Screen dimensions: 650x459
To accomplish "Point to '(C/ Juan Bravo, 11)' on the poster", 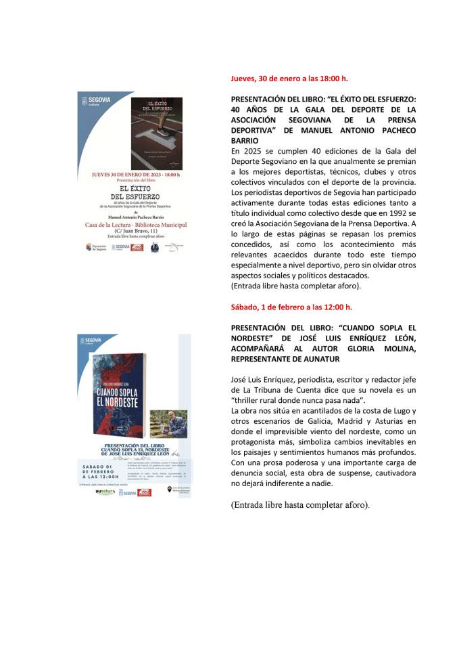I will coord(135,232).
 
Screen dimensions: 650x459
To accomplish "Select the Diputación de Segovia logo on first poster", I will coord(96,247).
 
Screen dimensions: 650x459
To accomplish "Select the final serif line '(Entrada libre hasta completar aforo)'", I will coord(300,505).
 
